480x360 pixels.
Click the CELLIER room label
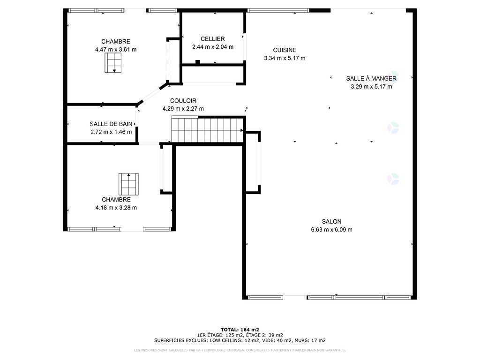pos(212,39)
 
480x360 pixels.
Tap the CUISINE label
pos(285,50)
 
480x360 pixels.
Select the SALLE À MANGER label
pos(371,78)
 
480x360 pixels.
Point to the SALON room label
pos(331,221)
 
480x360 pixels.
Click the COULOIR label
pos(183,101)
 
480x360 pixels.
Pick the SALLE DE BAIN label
pos(111,124)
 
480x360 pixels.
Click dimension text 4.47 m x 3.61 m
pos(116,49)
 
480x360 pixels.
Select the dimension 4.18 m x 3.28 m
pos(116,208)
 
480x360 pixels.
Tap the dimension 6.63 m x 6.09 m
pos(331,230)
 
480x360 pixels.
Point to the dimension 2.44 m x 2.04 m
pos(213,47)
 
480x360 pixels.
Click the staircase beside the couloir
pos(208,130)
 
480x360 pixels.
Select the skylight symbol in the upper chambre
pos(113,63)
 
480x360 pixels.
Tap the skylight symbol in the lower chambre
pos(128,184)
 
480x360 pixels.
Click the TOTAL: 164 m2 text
pos(240,330)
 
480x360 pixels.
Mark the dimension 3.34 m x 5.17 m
pos(285,58)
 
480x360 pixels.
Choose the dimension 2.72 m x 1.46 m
pos(111,132)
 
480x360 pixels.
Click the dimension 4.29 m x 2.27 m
pos(183,109)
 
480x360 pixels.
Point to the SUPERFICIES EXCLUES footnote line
pos(240,340)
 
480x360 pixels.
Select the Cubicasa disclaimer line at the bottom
pos(240,350)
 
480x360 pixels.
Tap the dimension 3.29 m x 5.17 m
pos(371,87)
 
